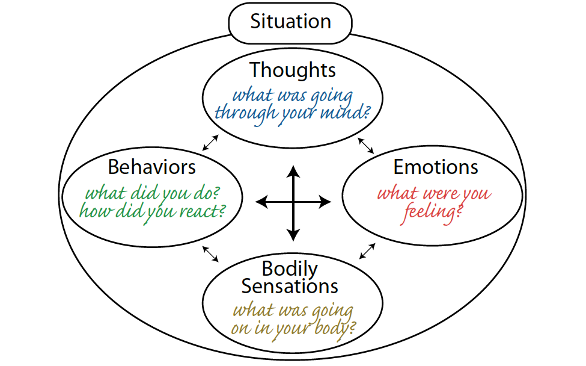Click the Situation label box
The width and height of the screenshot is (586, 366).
(290, 22)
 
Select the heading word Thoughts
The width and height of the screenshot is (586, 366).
(293, 70)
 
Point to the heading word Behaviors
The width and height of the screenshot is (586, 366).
(152, 167)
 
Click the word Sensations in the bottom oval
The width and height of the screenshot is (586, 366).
(290, 286)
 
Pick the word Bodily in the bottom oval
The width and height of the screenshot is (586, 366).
(290, 268)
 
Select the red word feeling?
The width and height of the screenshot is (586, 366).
(428, 213)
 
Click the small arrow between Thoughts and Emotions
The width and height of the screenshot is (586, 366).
(365, 146)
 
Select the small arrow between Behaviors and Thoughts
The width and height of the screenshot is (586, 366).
(209, 142)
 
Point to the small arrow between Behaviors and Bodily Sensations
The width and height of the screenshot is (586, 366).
(210, 253)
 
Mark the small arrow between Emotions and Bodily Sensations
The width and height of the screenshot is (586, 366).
(368, 251)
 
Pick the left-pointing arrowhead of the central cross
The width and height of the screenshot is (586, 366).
(261, 202)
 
